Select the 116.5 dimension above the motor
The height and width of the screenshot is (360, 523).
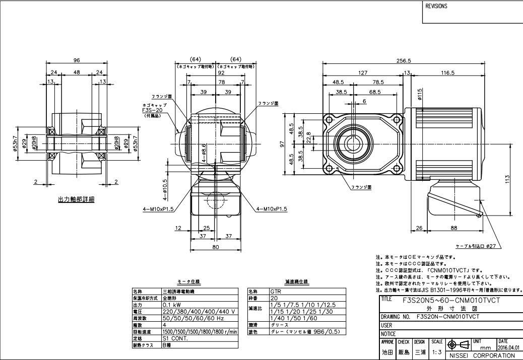pyautogui.click(x=447, y=73)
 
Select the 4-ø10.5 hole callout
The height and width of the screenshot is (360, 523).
pyautogui.click(x=165, y=187)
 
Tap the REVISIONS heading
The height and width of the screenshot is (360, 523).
pyautogui.click(x=437, y=8)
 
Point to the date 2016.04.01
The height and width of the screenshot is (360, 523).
pyautogui.click(x=509, y=347)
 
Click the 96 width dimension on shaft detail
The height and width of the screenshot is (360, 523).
pyautogui.click(x=77, y=60)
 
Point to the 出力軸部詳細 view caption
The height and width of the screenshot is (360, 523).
pyautogui.click(x=77, y=199)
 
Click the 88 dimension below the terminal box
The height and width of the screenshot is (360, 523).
pyautogui.click(x=454, y=228)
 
